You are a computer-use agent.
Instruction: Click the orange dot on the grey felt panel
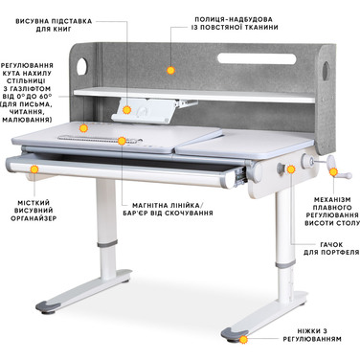pyautogui.click(x=171, y=69)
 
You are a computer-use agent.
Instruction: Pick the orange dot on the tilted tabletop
pyautogui.click(x=82, y=127)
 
